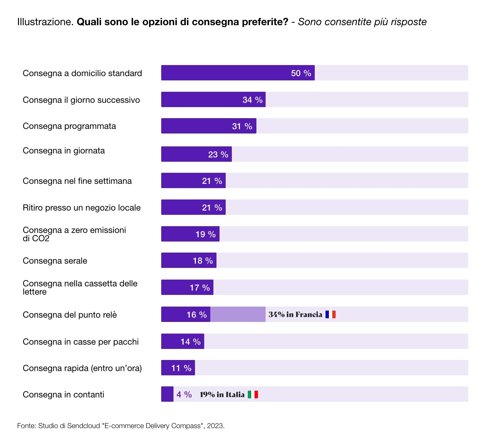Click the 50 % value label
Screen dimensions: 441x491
tap(301, 73)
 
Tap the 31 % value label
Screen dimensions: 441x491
tap(242, 126)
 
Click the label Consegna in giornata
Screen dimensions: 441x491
tap(64, 151)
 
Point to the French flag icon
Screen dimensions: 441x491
tap(330, 314)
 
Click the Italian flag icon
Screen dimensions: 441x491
tap(253, 394)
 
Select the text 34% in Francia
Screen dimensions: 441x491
tap(295, 314)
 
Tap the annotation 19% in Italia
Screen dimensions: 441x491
tap(222, 394)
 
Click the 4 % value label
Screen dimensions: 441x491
tap(184, 394)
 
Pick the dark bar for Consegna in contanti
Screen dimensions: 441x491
tap(167, 394)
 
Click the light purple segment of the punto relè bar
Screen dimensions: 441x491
tap(238, 314)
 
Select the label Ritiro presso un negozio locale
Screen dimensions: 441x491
tap(82, 208)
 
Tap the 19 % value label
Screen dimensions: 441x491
tap(205, 234)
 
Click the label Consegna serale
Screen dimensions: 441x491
tap(55, 261)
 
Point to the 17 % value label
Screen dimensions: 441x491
tap(200, 288)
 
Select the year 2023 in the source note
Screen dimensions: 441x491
tap(215, 426)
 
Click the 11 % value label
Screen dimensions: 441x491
tap(181, 368)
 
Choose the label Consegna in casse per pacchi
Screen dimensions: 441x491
tap(81, 342)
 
